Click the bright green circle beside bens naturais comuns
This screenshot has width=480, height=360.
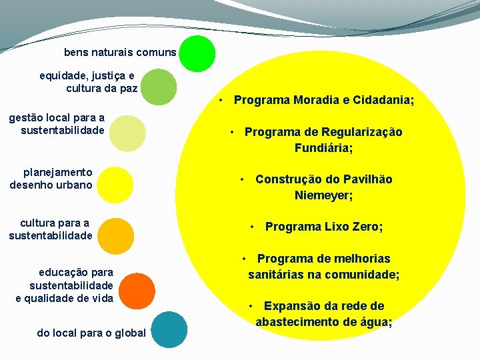point(197,53)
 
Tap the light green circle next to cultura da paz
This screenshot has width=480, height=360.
point(159,87)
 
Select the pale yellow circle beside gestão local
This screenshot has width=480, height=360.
point(127,133)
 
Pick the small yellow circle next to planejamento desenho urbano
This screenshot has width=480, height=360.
point(115,184)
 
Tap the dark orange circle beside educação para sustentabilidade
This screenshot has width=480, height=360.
point(139,291)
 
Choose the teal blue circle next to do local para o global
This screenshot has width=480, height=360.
point(167,329)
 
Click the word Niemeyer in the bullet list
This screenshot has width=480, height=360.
point(323,195)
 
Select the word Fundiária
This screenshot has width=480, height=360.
point(323,148)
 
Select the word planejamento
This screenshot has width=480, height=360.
point(57,172)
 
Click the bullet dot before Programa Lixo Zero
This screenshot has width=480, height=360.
point(253,227)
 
